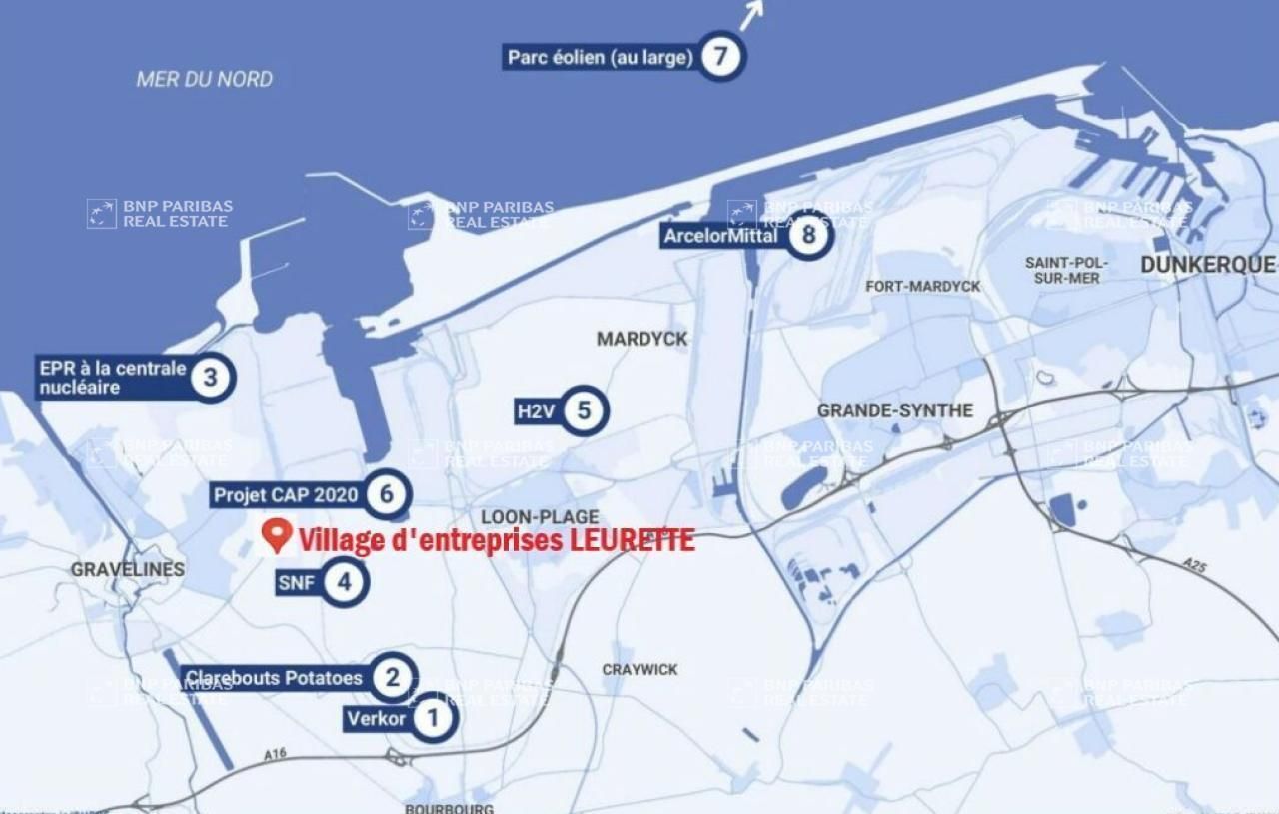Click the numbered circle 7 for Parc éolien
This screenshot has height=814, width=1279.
point(720,56)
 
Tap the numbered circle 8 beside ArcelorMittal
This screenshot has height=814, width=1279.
point(808,236)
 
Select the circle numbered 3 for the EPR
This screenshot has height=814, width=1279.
point(210,377)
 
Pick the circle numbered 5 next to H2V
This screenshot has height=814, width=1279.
point(584,409)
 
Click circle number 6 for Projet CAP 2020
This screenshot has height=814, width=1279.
point(386,493)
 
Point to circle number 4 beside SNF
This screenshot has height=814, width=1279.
point(345,582)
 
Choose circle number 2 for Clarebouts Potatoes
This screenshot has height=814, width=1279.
point(392,678)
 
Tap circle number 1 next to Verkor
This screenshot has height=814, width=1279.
point(433,718)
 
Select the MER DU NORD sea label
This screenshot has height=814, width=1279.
point(204,79)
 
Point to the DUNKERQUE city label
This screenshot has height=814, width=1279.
point(1208,265)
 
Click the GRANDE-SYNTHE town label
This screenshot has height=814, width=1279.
point(894,410)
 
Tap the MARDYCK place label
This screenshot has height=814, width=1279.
point(641,339)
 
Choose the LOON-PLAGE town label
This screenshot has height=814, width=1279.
point(540,517)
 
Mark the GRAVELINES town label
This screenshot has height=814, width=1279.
point(128,569)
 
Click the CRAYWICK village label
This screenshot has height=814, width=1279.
point(639,669)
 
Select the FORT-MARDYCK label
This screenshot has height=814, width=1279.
point(922,287)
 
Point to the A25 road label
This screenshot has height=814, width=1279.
point(1194,565)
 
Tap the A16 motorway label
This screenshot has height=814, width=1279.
point(275,754)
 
